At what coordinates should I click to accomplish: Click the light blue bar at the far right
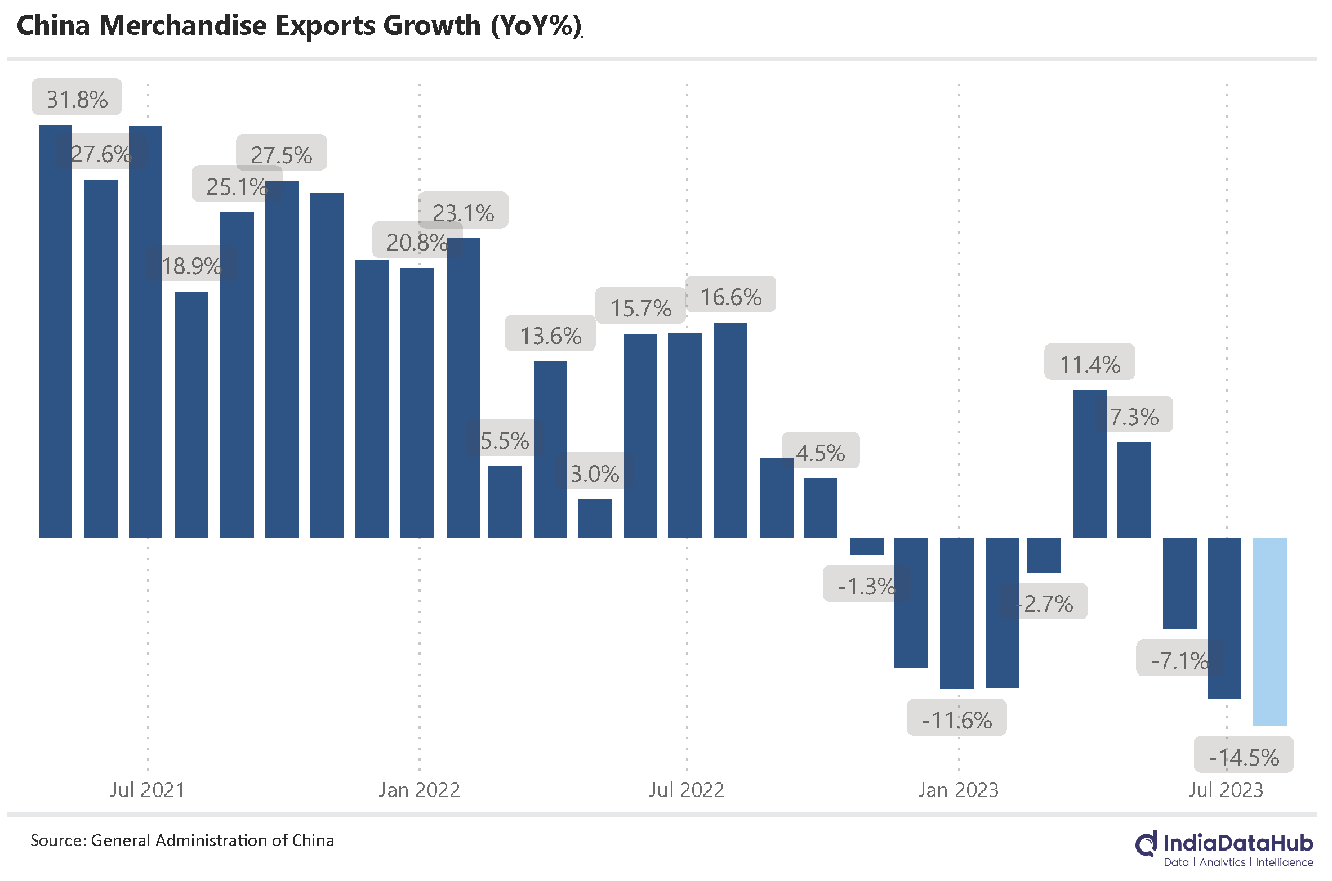click(x=1269, y=631)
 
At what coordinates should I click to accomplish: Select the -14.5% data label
click(x=1244, y=756)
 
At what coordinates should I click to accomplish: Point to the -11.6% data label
click(x=956, y=719)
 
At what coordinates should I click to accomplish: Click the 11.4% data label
click(x=1089, y=363)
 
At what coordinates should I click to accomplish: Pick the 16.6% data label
click(x=730, y=296)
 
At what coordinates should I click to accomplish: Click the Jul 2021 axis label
click(x=147, y=790)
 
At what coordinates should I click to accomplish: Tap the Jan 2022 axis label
click(x=419, y=790)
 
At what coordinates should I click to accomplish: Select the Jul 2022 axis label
click(x=686, y=790)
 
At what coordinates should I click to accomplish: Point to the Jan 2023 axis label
click(x=958, y=790)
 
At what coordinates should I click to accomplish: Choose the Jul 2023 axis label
click(x=1226, y=790)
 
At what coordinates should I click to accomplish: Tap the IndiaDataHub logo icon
click(x=1147, y=844)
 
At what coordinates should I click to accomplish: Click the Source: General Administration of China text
click(x=182, y=840)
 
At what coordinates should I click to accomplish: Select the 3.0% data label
click(x=595, y=472)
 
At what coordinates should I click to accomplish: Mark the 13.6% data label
click(x=550, y=334)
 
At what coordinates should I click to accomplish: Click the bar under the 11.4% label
click(x=1089, y=464)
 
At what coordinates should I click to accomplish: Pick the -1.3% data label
click(x=866, y=585)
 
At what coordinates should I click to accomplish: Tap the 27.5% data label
click(x=281, y=154)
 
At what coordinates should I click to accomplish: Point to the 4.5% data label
click(x=821, y=451)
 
